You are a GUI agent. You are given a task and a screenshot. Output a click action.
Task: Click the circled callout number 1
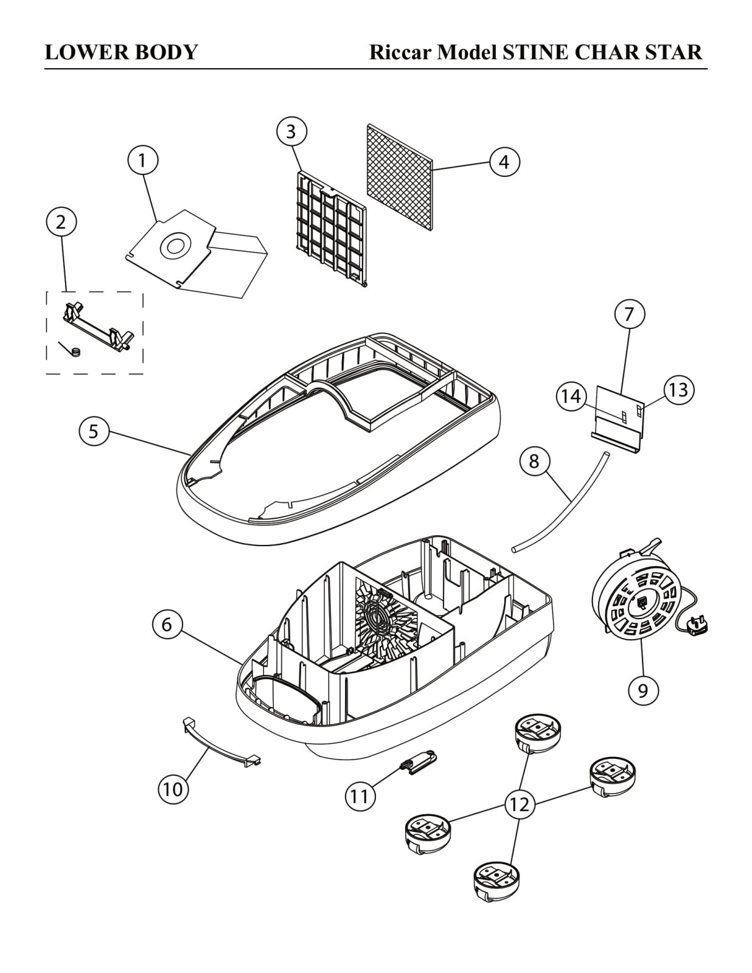(x=142, y=161)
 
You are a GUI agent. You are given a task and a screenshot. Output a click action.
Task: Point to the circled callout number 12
(x=519, y=804)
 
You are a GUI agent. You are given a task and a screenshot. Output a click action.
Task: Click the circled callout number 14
(x=571, y=396)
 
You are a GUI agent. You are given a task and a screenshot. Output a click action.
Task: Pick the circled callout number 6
(x=167, y=624)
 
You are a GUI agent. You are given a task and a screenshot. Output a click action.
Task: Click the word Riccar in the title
(x=401, y=52)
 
